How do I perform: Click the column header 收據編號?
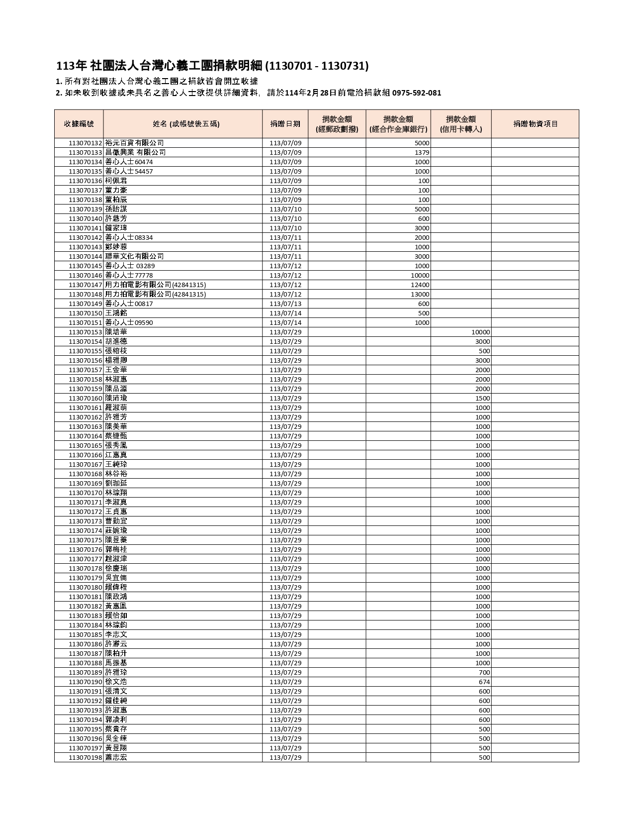pos(79,124)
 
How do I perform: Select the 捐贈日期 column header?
pos(285,124)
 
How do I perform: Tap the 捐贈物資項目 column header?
pos(535,124)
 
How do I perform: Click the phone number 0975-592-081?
pos(417,93)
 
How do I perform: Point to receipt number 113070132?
pos(86,143)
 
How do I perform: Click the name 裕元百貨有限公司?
pos(134,143)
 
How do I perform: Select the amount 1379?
pos(422,152)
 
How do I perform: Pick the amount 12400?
pos(420,285)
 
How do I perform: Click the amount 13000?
pos(420,294)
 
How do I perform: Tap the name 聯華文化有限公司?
pos(134,256)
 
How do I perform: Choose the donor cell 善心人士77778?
pos(129,275)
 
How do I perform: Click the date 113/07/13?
pos(285,304)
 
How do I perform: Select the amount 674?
pos(484,682)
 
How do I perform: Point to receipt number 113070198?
pos(86,757)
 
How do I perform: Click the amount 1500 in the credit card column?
pos(482,398)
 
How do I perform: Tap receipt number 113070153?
pos(86,332)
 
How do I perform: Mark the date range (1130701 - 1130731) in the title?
pos(317,66)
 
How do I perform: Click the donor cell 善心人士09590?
pos(129,322)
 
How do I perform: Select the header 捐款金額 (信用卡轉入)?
pos(461,124)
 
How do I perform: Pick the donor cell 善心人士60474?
pos(129,162)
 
